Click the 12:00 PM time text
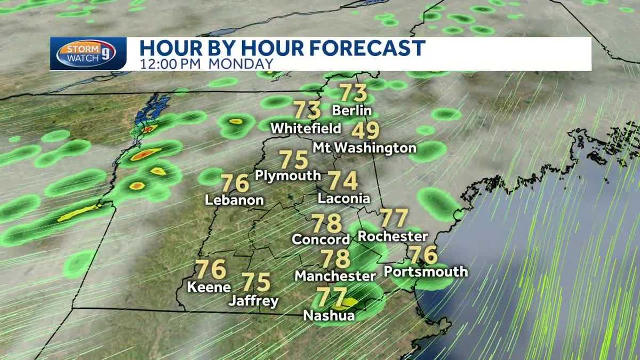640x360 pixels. point(171,63)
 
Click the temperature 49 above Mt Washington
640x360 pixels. point(365,131)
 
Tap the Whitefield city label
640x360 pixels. point(306,129)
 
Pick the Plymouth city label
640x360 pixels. point(288,175)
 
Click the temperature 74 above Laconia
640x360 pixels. point(342,181)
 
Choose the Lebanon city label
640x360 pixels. point(235,200)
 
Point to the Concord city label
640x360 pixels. point(321,239)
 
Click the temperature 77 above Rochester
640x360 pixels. point(394,218)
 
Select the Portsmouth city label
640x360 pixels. point(426,271)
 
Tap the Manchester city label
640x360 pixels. point(335,276)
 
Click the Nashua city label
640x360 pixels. point(329,315)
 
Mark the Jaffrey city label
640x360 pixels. point(253,301)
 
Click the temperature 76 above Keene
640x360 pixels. point(211,269)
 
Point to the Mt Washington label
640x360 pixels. point(364,148)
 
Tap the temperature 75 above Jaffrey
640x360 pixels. point(256,282)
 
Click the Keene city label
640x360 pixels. point(209,287)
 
